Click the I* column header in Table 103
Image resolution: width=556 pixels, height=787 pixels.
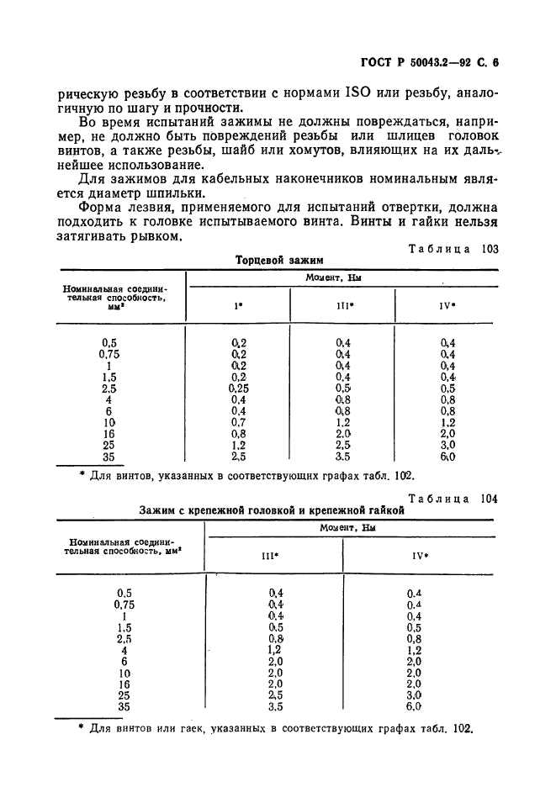[x=238, y=306]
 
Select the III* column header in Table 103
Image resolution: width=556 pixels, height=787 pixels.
[x=344, y=306]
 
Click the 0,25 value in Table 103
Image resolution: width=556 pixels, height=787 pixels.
[x=240, y=389]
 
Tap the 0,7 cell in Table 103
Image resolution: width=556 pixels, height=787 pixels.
[x=239, y=423]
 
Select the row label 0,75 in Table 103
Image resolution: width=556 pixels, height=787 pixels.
[x=109, y=354]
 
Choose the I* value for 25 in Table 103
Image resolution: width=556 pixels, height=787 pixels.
[x=239, y=446]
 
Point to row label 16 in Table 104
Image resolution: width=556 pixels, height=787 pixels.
[x=124, y=684]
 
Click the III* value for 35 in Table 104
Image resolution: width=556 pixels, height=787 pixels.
[x=275, y=707]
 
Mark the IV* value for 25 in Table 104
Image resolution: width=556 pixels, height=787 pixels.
[x=413, y=696]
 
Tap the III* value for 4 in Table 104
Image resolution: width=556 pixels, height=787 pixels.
[x=274, y=650]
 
